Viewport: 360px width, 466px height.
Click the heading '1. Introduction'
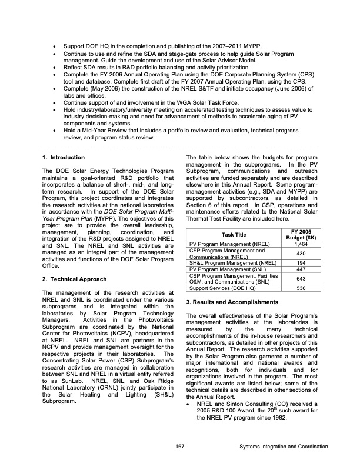tap(64, 158)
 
